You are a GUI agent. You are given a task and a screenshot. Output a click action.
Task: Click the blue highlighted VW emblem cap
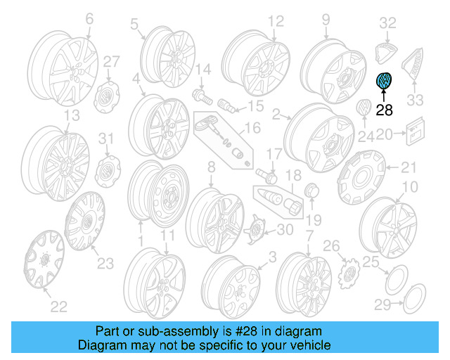click(385, 82)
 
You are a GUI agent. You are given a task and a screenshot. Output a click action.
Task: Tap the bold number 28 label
click(385, 109)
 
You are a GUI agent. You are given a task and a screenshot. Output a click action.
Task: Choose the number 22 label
click(58, 305)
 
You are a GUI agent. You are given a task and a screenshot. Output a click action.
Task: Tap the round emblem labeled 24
click(364, 111)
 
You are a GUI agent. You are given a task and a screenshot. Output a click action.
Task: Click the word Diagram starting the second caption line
click(100, 345)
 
